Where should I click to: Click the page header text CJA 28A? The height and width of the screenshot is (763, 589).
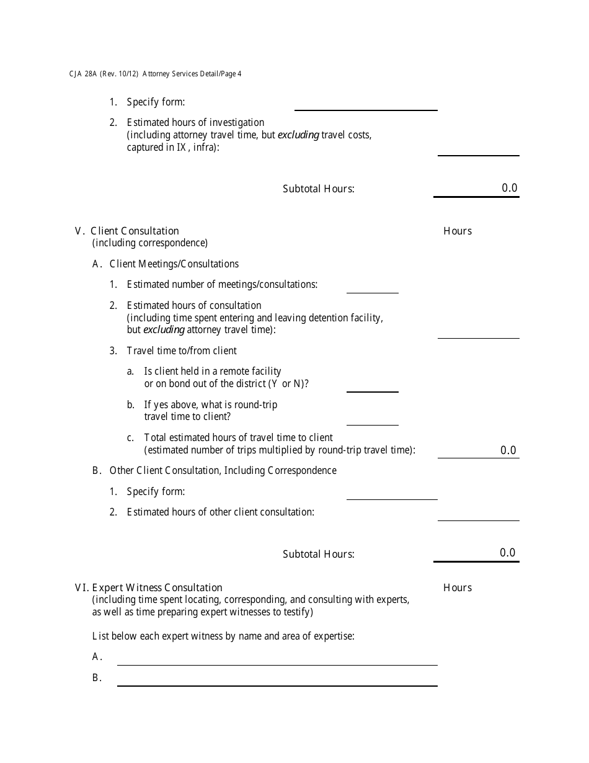click(82, 74)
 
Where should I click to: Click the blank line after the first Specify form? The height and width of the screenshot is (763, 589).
click(366, 104)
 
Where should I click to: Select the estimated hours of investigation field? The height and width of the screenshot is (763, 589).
click(478, 149)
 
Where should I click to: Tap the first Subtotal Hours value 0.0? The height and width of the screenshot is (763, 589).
click(509, 188)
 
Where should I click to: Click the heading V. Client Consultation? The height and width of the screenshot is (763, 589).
click(127, 231)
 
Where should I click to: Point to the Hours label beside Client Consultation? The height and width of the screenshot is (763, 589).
click(458, 231)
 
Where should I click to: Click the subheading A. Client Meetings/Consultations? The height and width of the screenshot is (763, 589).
click(166, 264)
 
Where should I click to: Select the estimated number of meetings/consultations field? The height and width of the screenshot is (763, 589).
click(372, 287)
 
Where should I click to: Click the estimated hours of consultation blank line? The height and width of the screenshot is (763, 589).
click(478, 332)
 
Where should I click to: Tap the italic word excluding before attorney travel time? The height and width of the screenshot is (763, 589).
click(164, 330)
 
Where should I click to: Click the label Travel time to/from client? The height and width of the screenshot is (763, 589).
click(182, 350)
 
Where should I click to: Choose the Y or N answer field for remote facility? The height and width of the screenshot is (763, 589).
click(372, 386)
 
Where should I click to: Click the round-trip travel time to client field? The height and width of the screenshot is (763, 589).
click(372, 419)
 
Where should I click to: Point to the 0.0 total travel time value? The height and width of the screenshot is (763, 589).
click(508, 450)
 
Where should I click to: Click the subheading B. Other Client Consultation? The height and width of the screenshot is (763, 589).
click(215, 470)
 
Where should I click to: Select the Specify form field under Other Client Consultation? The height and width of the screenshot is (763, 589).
click(392, 493)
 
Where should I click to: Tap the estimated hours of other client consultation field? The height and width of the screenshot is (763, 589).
click(478, 514)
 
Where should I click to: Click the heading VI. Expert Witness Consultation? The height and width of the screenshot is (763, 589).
click(149, 587)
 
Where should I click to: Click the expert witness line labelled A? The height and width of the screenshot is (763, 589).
click(277, 659)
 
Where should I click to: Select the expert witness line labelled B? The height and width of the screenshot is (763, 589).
click(277, 679)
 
